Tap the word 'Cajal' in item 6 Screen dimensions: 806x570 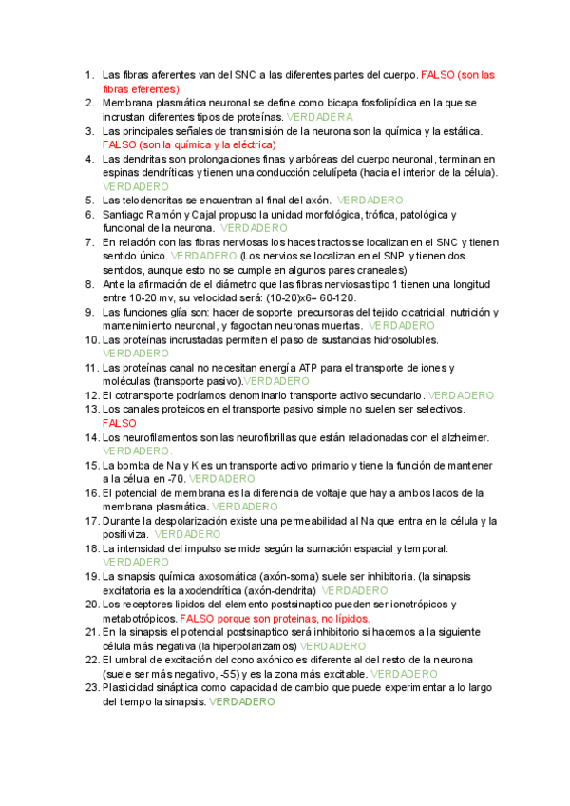click(x=223, y=215)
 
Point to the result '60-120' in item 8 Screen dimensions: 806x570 click(x=330, y=297)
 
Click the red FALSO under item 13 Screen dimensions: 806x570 click(x=120, y=422)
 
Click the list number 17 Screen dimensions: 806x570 click(x=89, y=521)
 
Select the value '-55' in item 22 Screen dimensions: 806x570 click(x=223, y=673)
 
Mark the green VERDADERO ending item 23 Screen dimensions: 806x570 click(x=241, y=701)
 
